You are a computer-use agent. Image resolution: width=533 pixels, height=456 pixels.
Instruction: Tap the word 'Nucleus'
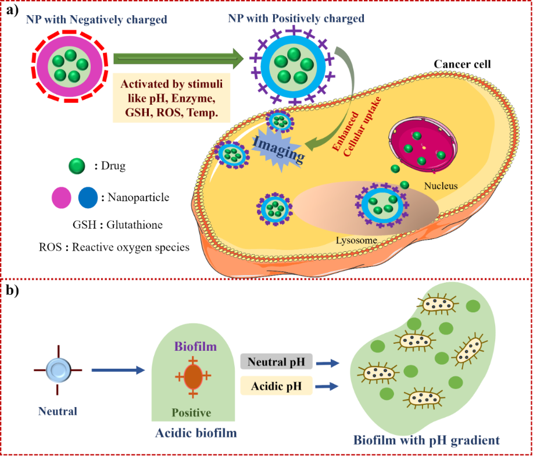(441, 186)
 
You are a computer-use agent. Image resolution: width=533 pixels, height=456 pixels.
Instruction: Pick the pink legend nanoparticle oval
(62, 197)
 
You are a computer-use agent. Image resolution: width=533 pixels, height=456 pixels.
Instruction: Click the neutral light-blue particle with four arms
(58, 369)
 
